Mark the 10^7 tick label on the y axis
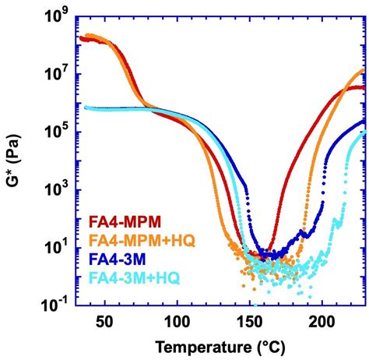(x=58, y=75)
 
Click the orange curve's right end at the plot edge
(x=364, y=70)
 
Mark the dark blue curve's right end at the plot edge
(x=364, y=120)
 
